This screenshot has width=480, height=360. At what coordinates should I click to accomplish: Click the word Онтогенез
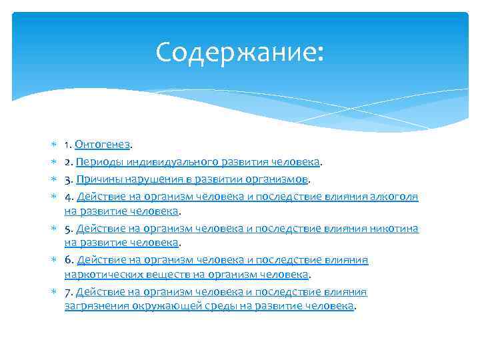[x=103, y=144]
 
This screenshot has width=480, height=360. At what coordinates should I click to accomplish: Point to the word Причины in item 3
[x=99, y=179]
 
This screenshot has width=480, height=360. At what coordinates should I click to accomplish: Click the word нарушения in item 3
[x=150, y=179]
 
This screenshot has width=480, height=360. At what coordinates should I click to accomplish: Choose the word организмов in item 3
[x=278, y=179]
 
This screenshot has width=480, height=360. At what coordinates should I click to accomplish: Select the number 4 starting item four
[x=67, y=196]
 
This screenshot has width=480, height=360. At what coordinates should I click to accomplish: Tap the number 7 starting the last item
[x=67, y=292]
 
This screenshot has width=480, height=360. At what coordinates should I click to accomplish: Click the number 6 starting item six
[x=67, y=260]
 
